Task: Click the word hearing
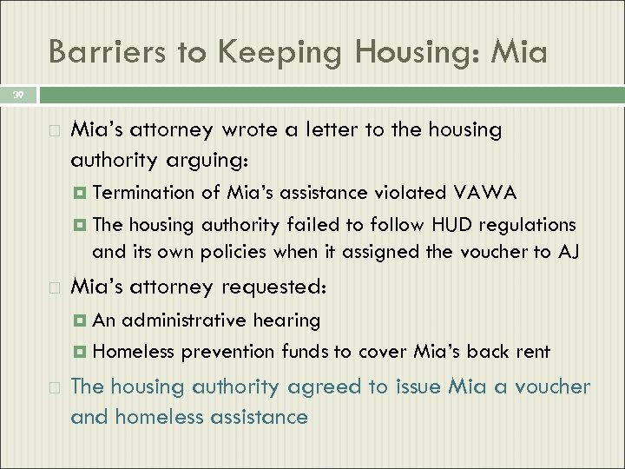pos(286,320)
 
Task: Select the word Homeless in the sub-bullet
pos(133,352)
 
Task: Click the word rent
pos(531,352)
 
